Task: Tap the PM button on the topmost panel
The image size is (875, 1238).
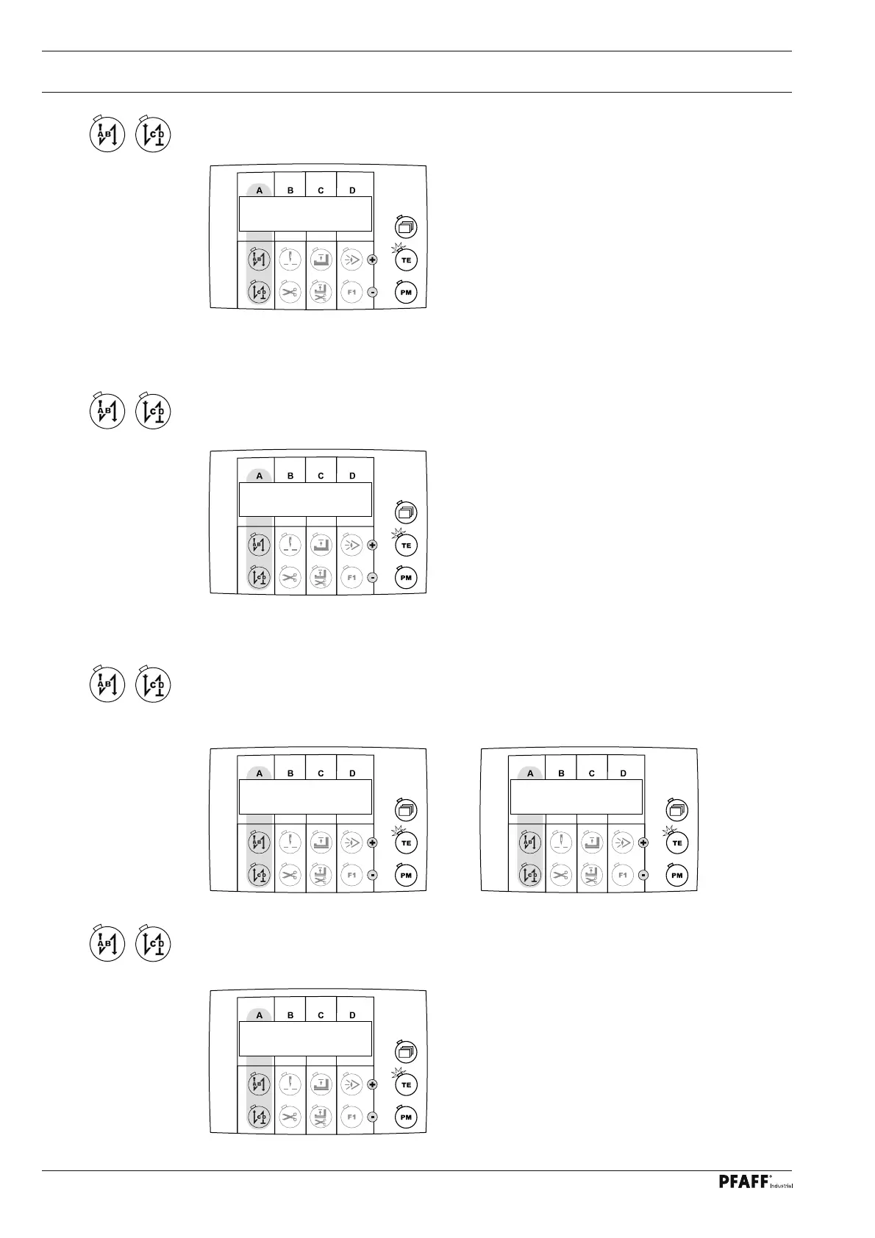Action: pos(405,293)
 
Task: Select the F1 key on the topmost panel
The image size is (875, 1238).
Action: pos(351,293)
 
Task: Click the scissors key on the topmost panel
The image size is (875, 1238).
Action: pos(290,293)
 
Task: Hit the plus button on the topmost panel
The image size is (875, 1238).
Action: pos(372,260)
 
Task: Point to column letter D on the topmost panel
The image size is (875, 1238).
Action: pos(352,190)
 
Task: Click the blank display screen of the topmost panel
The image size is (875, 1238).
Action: pos(305,214)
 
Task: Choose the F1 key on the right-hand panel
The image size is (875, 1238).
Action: pos(623,876)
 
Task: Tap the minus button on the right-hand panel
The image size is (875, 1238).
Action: pos(643,876)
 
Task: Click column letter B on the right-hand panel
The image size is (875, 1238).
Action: pos(562,773)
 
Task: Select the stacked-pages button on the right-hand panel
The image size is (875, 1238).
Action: pos(677,810)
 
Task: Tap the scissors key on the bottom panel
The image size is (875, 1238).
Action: pos(290,1117)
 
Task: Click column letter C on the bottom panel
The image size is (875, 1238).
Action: pos(321,1015)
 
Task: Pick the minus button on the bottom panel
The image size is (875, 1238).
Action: pos(372,1117)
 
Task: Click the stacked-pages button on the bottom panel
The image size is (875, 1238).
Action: pos(406,1051)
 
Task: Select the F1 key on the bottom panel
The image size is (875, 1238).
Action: pos(351,1117)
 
